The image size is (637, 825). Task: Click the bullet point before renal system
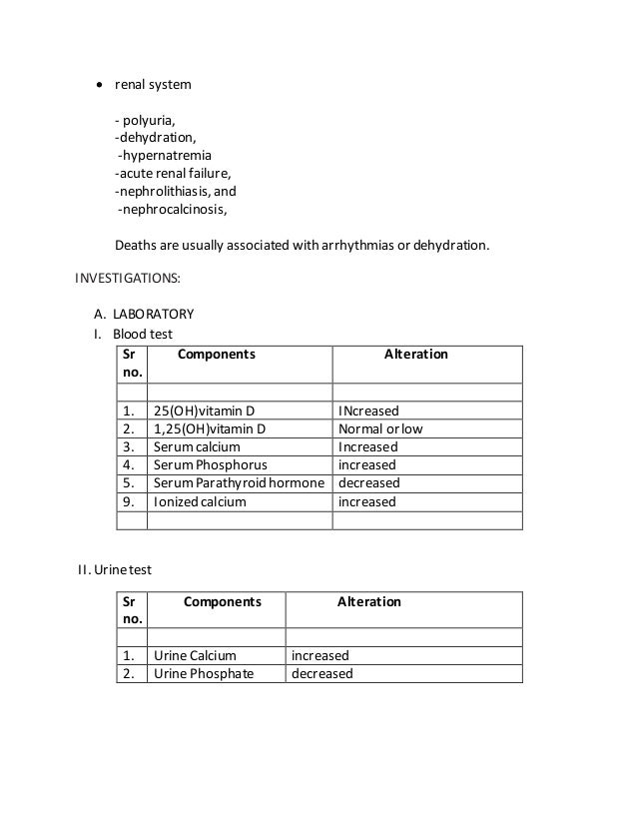[99, 85]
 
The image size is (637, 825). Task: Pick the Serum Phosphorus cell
[210, 465]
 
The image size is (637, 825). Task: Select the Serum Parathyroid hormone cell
[239, 483]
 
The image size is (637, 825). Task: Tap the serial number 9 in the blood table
[127, 501]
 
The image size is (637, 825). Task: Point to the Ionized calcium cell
[199, 501]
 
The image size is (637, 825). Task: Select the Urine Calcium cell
[195, 656]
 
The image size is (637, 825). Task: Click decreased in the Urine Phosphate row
[321, 674]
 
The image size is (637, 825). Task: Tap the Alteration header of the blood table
[416, 355]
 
